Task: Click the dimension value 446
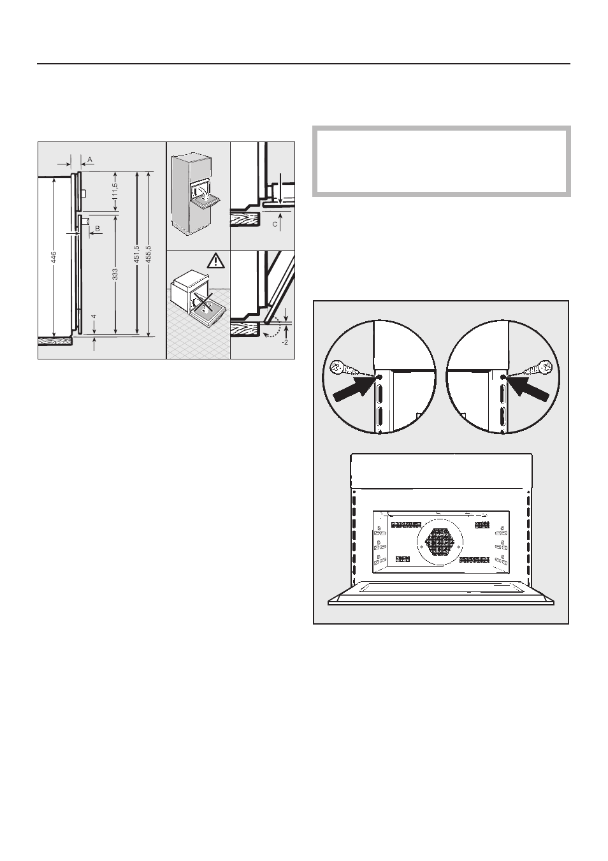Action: (54, 257)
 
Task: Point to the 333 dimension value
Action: (115, 274)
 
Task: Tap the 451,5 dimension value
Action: (136, 254)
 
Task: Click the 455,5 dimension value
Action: (149, 254)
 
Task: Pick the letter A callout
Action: (90, 159)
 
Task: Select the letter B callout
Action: (98, 228)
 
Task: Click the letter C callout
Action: (275, 224)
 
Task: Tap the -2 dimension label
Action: (285, 342)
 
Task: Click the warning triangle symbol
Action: (216, 261)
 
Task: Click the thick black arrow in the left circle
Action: (354, 389)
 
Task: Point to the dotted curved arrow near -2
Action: (273, 327)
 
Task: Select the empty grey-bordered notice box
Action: (441, 161)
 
